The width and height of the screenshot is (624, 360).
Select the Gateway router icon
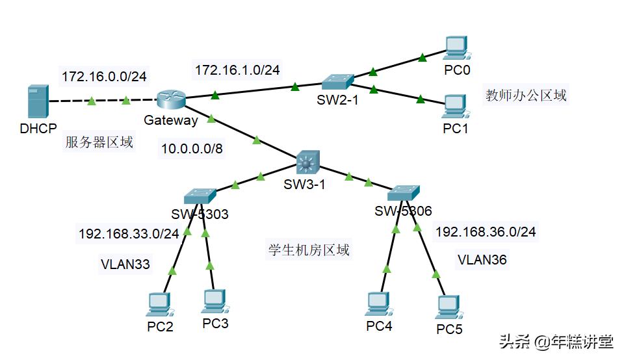coord(172,99)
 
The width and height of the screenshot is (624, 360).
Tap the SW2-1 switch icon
coord(337,82)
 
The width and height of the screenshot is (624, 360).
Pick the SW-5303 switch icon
coord(199,196)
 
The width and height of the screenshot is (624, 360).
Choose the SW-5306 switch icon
coord(404,193)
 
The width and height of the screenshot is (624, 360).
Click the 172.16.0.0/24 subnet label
coord(104,77)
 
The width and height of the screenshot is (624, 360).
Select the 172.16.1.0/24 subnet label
coord(237,69)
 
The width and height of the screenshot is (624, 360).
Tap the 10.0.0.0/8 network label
coord(192,149)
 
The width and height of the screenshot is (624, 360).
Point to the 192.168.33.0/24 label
coord(128,234)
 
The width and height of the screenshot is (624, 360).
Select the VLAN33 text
coord(125,264)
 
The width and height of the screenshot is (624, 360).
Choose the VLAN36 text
coord(482,260)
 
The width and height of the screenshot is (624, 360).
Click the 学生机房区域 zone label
coord(309,250)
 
